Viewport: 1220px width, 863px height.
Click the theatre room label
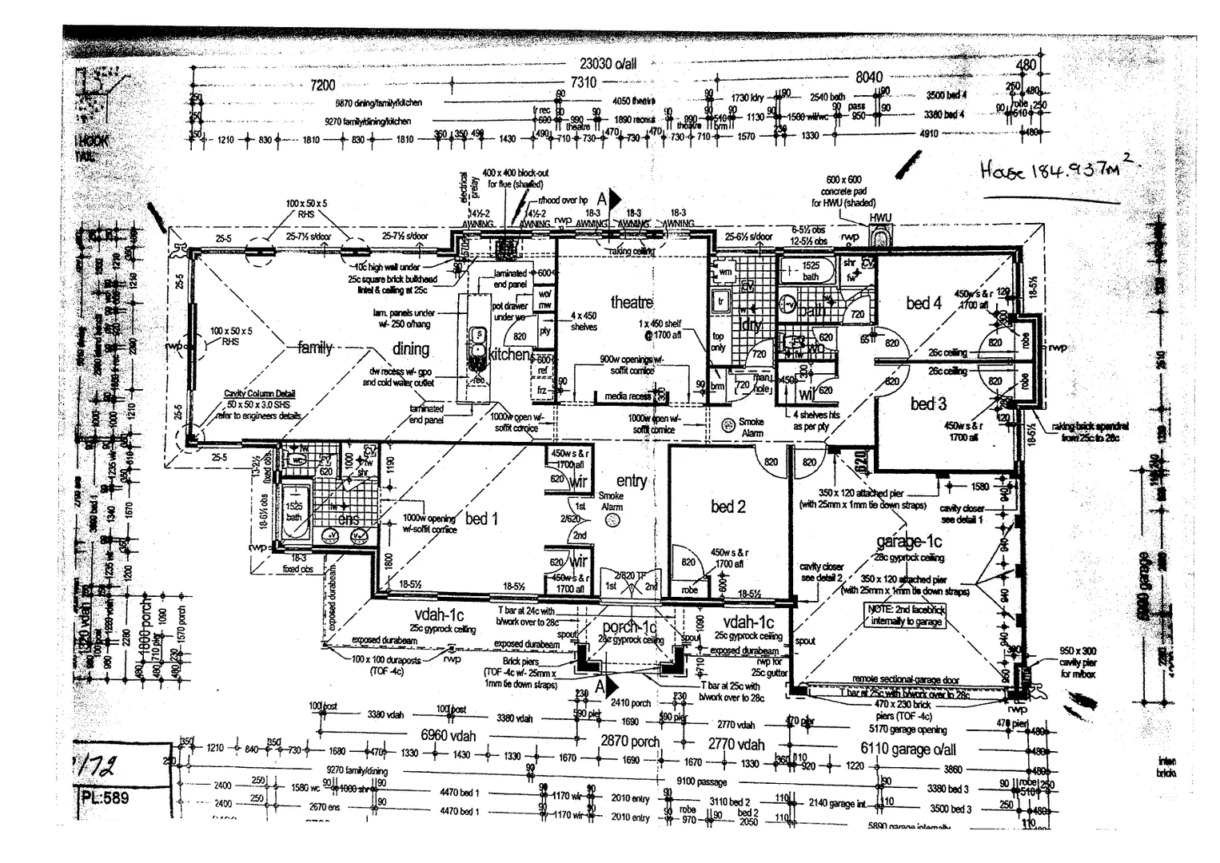pos(632,302)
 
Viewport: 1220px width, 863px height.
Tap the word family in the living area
pos(314,348)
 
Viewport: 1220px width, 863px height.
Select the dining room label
pos(411,348)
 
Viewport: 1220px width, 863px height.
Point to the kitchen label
pos(509,354)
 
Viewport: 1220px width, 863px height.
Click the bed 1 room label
pos(481,519)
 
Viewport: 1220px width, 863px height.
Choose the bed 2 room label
pos(728,507)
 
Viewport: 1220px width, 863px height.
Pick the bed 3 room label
pos(928,404)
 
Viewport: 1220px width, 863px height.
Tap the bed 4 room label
pos(923,303)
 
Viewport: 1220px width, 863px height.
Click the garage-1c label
pos(909,543)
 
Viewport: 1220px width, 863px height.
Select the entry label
pos(632,480)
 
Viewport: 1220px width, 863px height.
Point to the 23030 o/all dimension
pos(608,65)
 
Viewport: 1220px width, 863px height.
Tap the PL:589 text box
pos(105,797)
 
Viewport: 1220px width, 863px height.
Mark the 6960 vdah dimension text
pos(448,735)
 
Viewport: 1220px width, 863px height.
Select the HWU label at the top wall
pos(880,217)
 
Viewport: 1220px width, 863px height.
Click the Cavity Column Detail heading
pos(260,394)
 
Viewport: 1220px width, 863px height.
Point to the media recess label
pos(628,396)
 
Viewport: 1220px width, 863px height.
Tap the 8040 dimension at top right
pos(869,77)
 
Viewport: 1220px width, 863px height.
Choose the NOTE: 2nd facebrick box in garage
pos(907,614)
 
